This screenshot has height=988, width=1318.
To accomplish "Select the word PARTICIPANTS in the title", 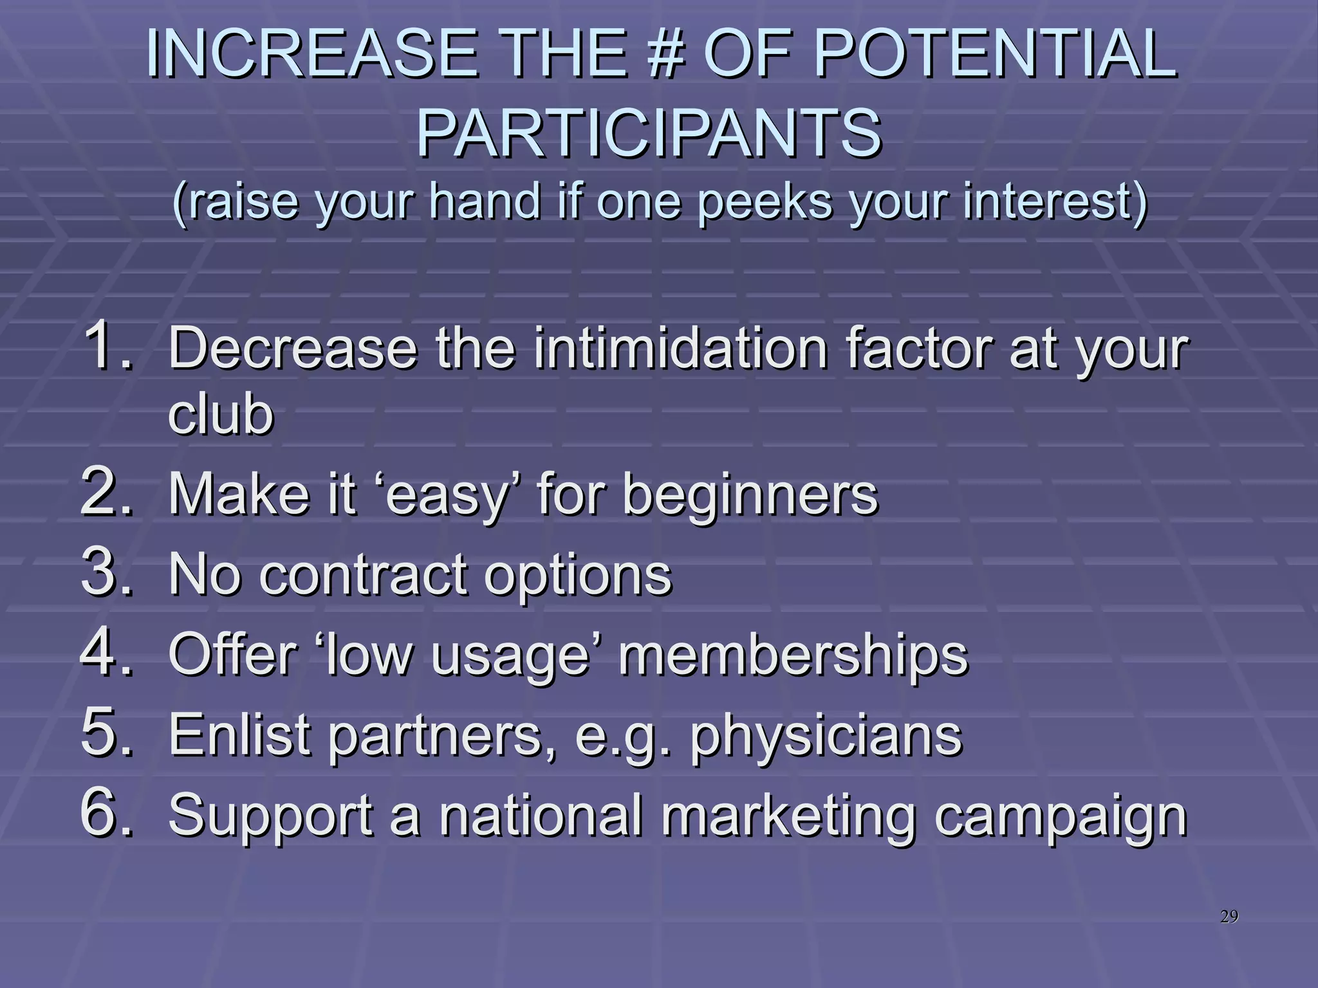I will coord(649,134).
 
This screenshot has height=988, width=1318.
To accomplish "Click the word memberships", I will coord(792,656).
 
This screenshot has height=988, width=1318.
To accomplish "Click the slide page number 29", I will coord(1229,917).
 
